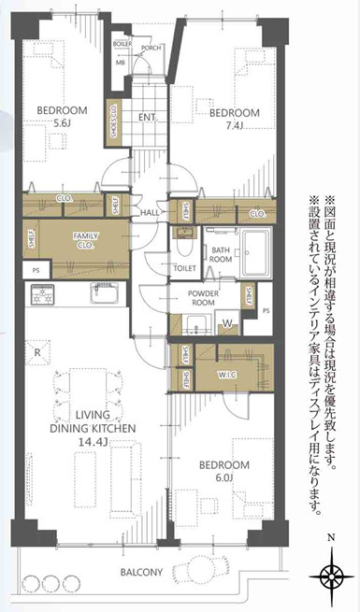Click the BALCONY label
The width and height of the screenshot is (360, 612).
coord(140,573)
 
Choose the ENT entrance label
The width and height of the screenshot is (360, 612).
coord(147,118)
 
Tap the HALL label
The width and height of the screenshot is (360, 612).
coord(150,214)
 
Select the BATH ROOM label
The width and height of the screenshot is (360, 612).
coord(222,256)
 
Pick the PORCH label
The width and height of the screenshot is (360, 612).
coord(151,47)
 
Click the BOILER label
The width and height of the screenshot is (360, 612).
coord(122,44)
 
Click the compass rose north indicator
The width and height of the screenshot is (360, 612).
coord(332,573)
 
